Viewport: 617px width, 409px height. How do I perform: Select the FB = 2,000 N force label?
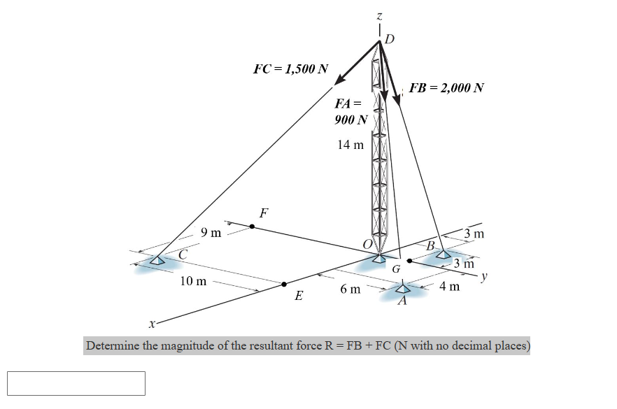tap(446, 88)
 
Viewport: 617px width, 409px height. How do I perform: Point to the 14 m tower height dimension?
tap(350, 145)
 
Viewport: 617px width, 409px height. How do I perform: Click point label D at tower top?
tap(390, 38)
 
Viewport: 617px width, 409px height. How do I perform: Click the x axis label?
tap(151, 324)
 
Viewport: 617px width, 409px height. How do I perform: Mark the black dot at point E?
tap(284, 284)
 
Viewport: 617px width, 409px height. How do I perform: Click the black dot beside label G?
tap(409, 261)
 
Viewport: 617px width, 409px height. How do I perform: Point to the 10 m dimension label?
tap(193, 282)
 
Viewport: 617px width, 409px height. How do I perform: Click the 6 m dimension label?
tap(350, 289)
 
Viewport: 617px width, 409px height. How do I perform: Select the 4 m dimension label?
tap(451, 286)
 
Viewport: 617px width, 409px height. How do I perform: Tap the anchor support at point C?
tap(158, 261)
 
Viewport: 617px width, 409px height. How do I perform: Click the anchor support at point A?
tap(404, 289)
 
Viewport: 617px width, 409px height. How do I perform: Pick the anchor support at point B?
tap(444, 254)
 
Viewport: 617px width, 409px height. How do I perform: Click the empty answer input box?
tap(76, 383)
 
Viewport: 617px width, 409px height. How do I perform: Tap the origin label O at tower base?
tap(367, 243)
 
